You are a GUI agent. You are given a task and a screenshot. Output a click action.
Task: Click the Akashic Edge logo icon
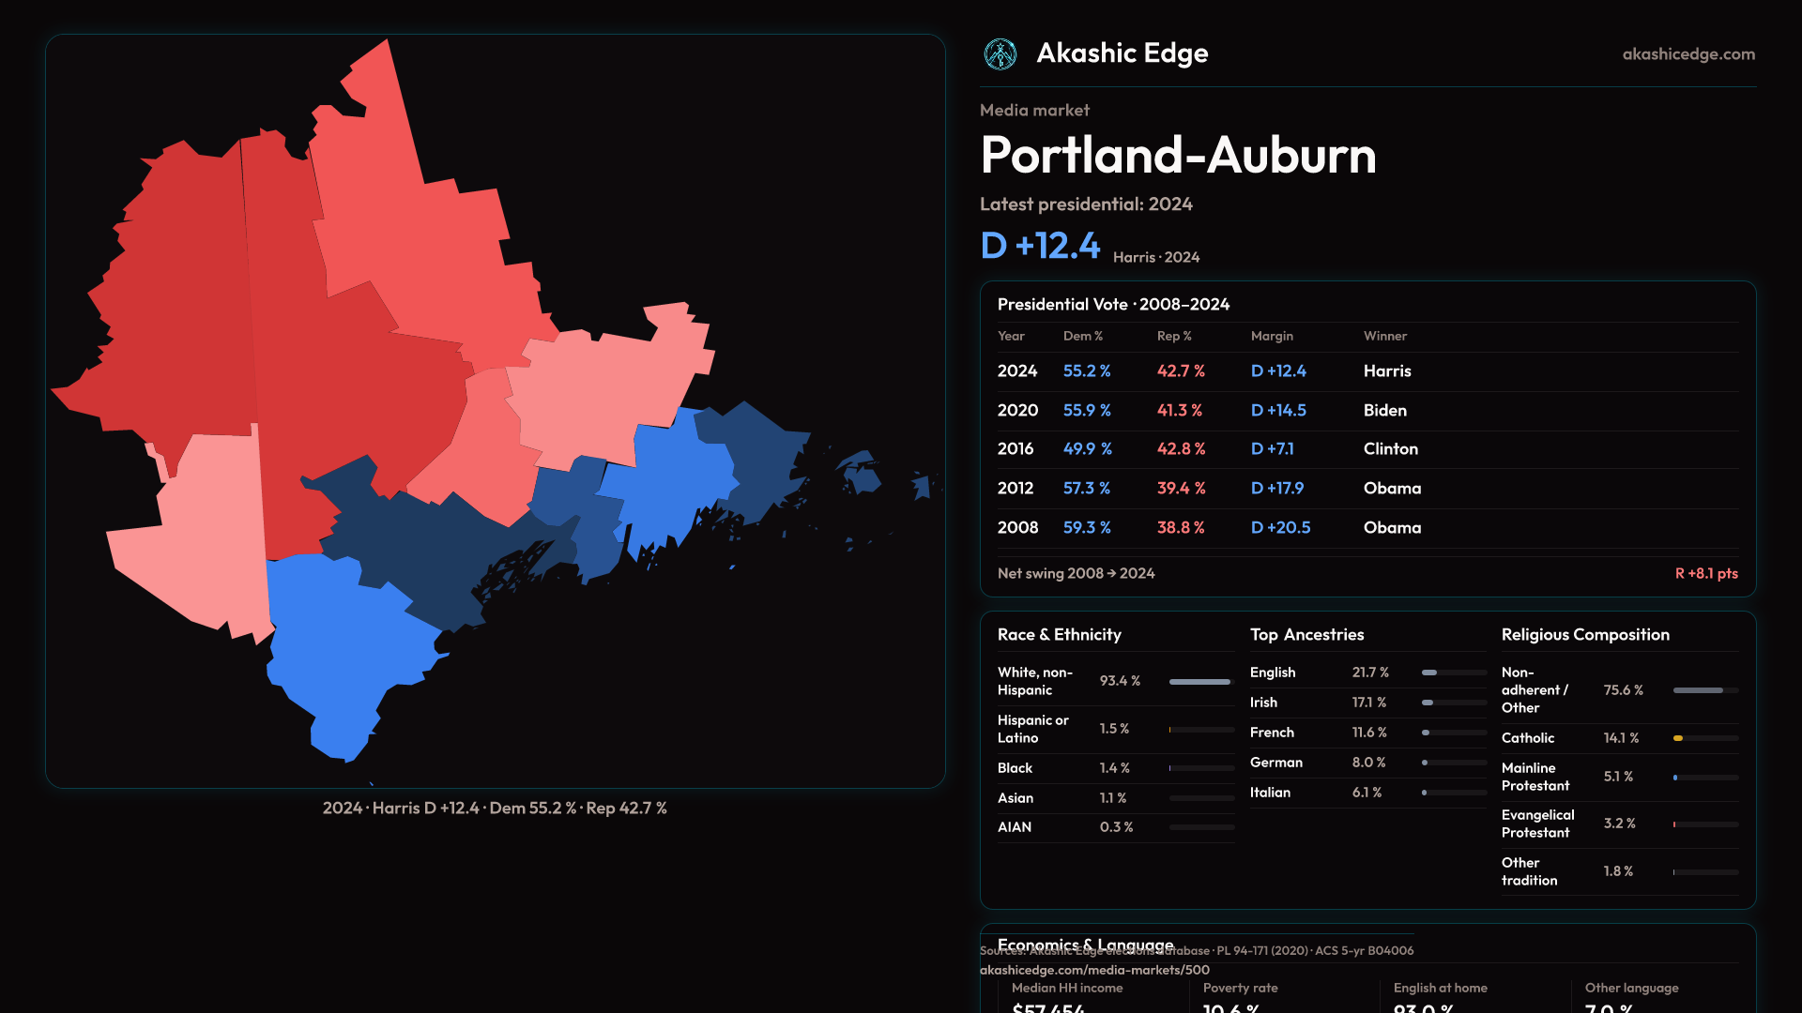tap(1000, 54)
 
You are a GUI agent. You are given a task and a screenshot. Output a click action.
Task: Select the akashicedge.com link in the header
tap(1688, 54)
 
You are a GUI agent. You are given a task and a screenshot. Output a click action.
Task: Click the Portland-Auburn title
tap(1178, 155)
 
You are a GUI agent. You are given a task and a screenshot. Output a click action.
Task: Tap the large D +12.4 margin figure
tap(1040, 246)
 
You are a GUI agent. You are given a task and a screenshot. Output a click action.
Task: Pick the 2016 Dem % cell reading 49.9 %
tap(1087, 449)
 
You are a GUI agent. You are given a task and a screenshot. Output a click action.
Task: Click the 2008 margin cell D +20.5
tap(1280, 528)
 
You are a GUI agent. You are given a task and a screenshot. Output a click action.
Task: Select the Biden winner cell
tap(1384, 411)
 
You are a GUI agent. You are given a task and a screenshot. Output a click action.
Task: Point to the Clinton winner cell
tap(1390, 449)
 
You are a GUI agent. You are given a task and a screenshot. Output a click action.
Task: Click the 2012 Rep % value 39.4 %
tap(1181, 489)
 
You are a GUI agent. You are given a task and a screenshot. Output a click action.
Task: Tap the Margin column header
tap(1272, 336)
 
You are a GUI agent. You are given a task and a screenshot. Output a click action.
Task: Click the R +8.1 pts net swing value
tap(1705, 573)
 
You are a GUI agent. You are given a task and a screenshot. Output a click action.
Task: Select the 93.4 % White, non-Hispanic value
tap(1120, 681)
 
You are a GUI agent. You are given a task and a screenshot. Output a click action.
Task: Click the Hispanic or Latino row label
tap(1032, 729)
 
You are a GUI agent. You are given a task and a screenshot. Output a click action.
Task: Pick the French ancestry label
tap(1272, 733)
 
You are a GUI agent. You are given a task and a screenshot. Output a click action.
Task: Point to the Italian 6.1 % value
tap(1367, 793)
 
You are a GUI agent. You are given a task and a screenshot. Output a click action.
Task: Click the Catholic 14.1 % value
tap(1621, 738)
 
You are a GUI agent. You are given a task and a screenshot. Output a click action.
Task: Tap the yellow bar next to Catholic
tap(1678, 738)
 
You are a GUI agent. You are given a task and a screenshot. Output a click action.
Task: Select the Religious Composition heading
tap(1585, 635)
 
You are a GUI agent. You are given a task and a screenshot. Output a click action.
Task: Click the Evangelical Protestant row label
tap(1537, 824)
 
